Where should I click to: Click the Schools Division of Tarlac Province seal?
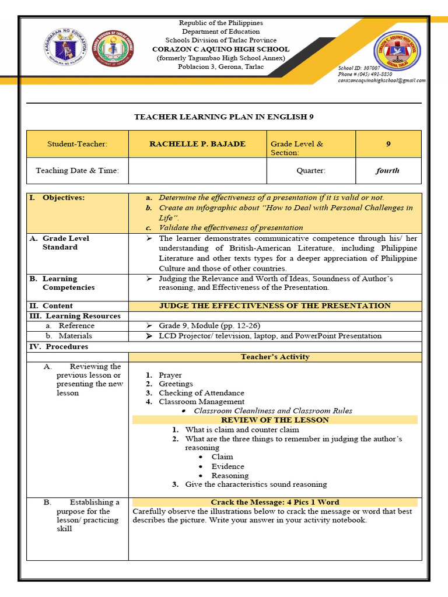coord(114,48)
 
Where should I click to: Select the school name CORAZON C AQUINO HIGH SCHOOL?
coord(220,50)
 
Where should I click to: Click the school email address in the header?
coord(381,80)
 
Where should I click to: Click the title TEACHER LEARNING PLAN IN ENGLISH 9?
coord(224,117)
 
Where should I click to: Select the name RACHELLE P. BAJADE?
coord(197,144)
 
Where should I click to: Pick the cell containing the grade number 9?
coord(388,144)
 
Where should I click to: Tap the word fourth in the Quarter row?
coord(388,171)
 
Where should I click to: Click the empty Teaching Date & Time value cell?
coord(197,171)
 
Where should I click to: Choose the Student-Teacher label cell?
coord(78,144)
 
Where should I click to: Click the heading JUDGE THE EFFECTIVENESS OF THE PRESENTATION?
coord(275,305)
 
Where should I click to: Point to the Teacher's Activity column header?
coord(275,357)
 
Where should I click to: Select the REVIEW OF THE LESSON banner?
coord(275,420)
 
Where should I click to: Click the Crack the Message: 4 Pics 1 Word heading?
coord(275,502)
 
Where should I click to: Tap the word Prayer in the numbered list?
coord(170,375)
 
